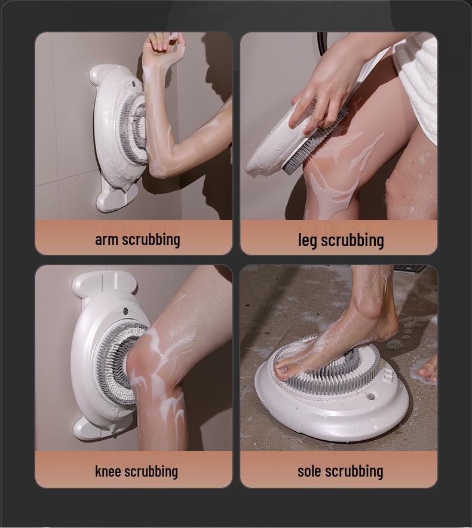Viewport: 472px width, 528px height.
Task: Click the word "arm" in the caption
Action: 106,240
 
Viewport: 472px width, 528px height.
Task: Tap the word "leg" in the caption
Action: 307,240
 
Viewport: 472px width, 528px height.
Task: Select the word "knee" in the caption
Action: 108,471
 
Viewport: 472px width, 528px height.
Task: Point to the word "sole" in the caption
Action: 309,471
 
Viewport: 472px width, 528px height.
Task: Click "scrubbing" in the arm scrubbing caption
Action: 150,240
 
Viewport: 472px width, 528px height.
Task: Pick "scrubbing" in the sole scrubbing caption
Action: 355,471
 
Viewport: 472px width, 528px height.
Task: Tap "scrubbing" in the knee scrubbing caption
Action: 152,471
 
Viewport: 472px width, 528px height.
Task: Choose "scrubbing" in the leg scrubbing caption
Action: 353,240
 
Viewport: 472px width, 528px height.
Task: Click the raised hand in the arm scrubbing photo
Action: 163,47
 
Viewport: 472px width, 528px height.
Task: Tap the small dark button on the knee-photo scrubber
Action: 125,311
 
